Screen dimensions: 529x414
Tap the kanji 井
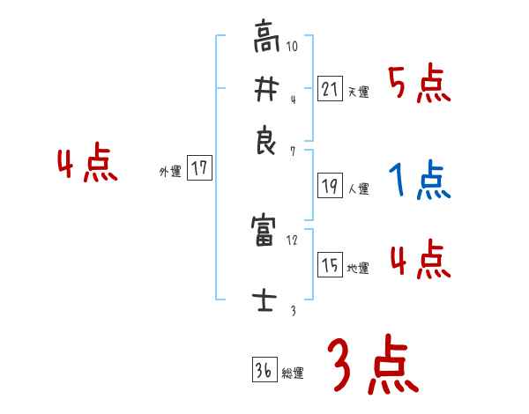tap(264, 90)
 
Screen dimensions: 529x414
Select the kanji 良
tap(264, 141)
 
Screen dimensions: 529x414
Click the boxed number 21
tap(330, 89)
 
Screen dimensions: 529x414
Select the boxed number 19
tap(330, 186)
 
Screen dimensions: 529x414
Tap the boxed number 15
tap(330, 265)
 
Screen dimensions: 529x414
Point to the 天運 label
tap(358, 92)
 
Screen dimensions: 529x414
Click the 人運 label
tap(358, 189)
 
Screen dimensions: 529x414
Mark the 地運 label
tap(358, 268)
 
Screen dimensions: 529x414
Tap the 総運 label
tap(293, 373)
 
